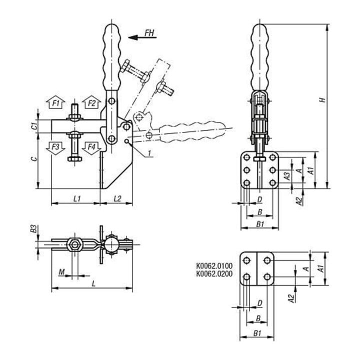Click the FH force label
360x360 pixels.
pyautogui.click(x=149, y=33)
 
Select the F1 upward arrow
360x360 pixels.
pyautogui.click(x=55, y=102)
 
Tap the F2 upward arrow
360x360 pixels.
pyautogui.click(x=91, y=102)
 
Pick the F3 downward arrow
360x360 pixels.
pyautogui.click(x=55, y=148)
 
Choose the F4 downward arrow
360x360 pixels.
pyautogui.click(x=91, y=148)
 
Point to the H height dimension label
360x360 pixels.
pyautogui.click(x=322, y=100)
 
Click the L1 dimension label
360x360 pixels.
pyautogui.click(x=77, y=199)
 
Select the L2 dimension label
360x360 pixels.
pyautogui.click(x=117, y=199)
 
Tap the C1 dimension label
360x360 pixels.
pyautogui.click(x=34, y=126)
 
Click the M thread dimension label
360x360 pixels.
pyautogui.click(x=61, y=272)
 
